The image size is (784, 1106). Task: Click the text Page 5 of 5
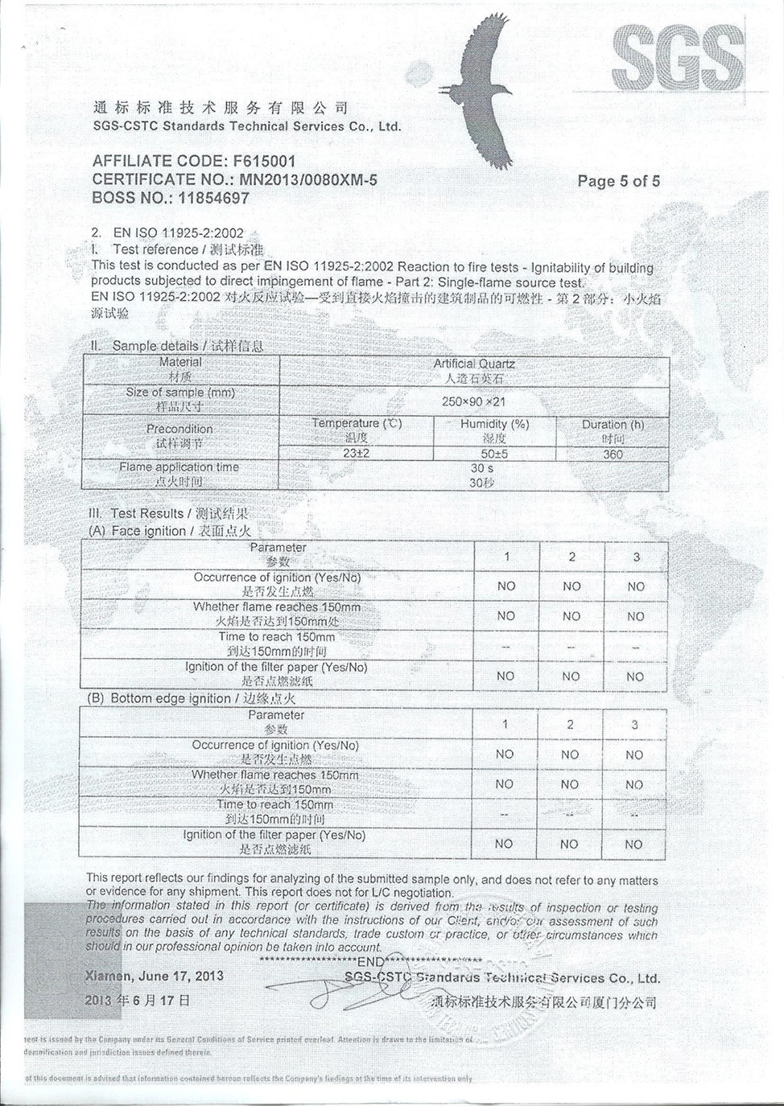[x=618, y=181]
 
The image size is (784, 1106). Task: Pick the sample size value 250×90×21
[x=473, y=401]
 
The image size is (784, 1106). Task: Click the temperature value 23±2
[x=356, y=454]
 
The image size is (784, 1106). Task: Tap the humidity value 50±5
[x=494, y=454]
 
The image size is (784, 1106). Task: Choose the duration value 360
[x=613, y=454]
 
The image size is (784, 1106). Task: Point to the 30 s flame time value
[x=481, y=468]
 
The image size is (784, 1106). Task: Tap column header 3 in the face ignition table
[x=636, y=557]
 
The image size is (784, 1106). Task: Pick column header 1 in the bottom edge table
[x=505, y=725]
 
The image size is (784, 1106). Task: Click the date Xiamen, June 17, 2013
[x=155, y=976]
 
